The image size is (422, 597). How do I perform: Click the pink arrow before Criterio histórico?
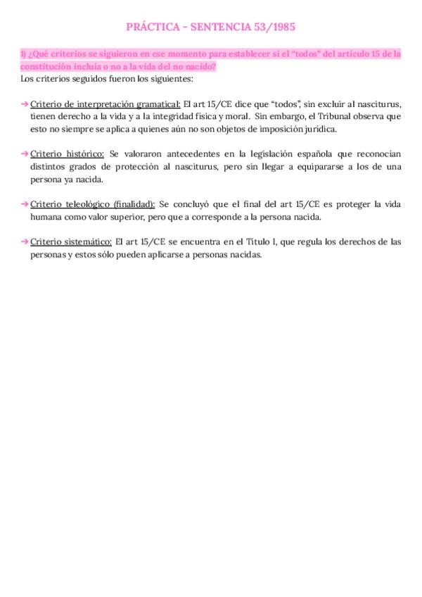[x=25, y=154]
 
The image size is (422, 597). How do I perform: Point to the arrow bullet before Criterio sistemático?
[x=25, y=242]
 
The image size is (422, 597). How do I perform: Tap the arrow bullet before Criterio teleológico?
[x=25, y=204]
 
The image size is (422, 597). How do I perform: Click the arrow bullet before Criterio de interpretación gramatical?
[x=25, y=103]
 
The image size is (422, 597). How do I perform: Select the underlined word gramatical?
[x=156, y=103]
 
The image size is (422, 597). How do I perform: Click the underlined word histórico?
[x=84, y=154]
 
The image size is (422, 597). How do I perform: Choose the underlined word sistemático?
[x=88, y=242]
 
